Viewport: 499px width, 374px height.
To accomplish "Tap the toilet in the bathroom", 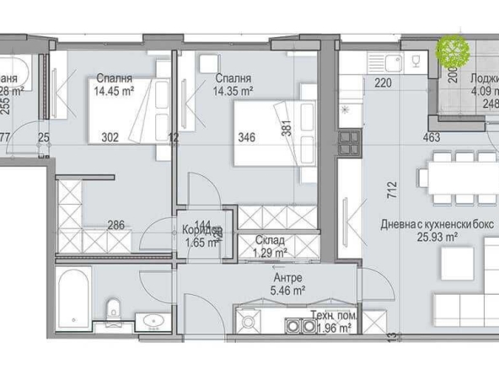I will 115,313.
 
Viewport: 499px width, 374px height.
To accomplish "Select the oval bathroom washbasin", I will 152,320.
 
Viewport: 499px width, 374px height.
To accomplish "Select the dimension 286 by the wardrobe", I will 117,225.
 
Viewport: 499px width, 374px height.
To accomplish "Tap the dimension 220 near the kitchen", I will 383,83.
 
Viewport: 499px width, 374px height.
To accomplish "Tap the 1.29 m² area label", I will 270,251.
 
